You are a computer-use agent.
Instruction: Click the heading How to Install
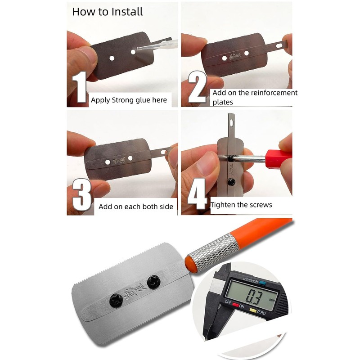108,12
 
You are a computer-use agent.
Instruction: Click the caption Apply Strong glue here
129,100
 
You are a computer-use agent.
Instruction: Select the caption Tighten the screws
241,205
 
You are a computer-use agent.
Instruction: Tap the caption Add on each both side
136,207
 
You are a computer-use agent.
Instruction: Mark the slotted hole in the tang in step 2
281,45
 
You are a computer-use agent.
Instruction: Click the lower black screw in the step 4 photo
231,182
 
